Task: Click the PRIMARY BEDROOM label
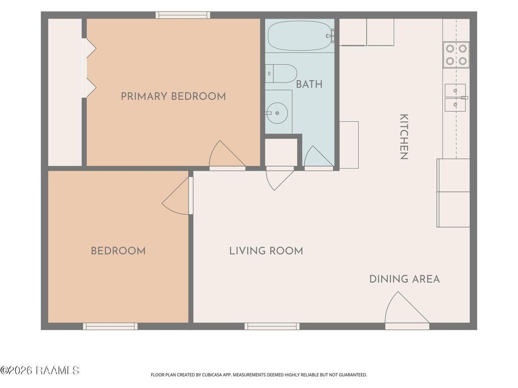tap(173, 96)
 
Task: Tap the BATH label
tap(309, 84)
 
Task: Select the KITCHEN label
tap(404, 136)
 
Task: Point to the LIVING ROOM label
tap(266, 251)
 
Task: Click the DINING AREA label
tap(404, 279)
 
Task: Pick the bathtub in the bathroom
tap(300, 36)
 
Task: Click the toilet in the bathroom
tap(281, 74)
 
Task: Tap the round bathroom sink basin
tap(277, 113)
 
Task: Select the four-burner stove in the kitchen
tap(456, 55)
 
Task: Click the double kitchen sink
tap(455, 98)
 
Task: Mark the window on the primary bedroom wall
tap(183, 15)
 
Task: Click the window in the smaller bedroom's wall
tap(110, 326)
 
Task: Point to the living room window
tap(272, 326)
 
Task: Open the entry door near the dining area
tap(407, 310)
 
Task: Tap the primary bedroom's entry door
tap(227, 155)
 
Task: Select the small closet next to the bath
tap(281, 152)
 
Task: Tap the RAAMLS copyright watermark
tap(39, 370)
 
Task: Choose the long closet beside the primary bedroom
tap(65, 92)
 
